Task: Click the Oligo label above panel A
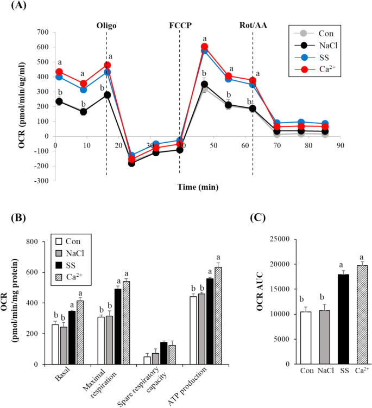(x=106, y=25)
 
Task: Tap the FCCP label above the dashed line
(x=179, y=25)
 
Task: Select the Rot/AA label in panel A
(x=253, y=25)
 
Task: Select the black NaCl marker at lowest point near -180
(x=131, y=163)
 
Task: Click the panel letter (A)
(x=15, y=7)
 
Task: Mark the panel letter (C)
(x=262, y=218)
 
